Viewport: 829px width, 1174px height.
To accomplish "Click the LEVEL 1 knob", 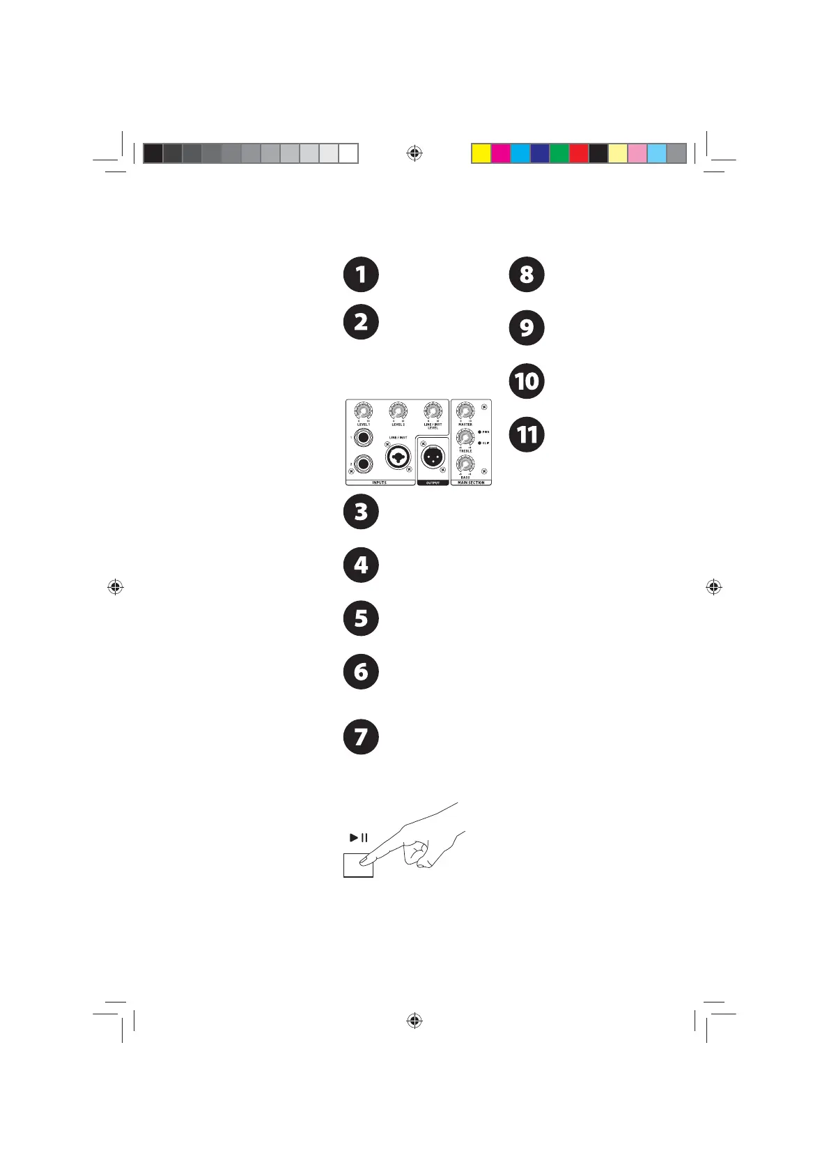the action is tap(363, 412).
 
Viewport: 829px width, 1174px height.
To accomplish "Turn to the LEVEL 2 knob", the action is tap(398, 412).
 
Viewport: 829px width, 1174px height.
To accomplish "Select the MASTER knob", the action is tap(465, 412).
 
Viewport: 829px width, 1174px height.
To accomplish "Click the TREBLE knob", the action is tap(465, 438).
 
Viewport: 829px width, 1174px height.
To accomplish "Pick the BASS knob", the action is tap(465, 464).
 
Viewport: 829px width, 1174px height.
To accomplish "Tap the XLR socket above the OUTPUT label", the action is tap(433, 457).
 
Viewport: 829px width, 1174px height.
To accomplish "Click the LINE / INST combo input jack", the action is tap(398, 457).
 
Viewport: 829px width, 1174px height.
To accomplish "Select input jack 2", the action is tap(363, 464).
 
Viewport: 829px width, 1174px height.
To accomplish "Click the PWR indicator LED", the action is tap(479, 432).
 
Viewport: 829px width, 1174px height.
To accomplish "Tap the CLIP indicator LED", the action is tap(479, 443).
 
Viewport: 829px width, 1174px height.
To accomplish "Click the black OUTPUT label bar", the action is tap(433, 482).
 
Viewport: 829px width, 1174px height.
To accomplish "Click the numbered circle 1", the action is tap(361, 274).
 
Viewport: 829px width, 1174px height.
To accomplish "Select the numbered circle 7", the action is tap(361, 737).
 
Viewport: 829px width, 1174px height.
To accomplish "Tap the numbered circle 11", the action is tap(527, 435).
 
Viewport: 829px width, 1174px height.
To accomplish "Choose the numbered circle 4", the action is tap(361, 565).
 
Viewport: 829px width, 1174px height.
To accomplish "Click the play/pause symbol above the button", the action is tap(359, 837).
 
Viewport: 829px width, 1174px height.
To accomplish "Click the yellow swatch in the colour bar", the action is tap(481, 153).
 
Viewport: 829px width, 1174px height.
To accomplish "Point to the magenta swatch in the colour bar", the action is tap(500, 153).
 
